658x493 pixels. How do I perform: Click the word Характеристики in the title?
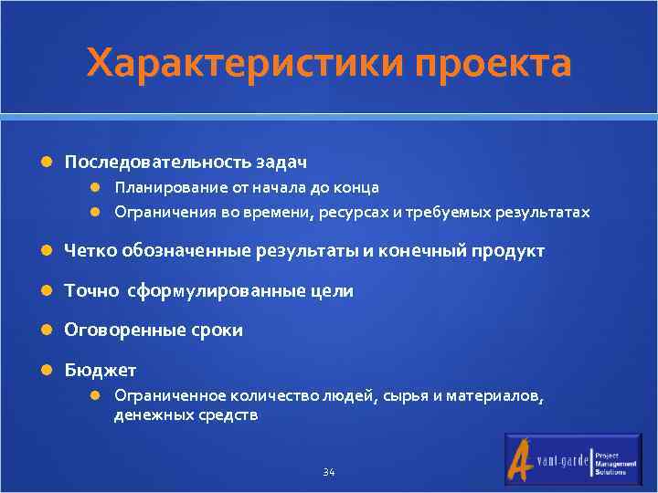pyautogui.click(x=246, y=64)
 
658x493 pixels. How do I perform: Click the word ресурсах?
pyautogui.click(x=356, y=213)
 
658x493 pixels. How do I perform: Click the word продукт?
pyautogui.click(x=507, y=251)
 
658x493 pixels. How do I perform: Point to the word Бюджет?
pyautogui.click(x=100, y=370)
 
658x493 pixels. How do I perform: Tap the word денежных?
pyautogui.click(x=150, y=415)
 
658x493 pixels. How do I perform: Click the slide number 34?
pyautogui.click(x=329, y=472)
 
